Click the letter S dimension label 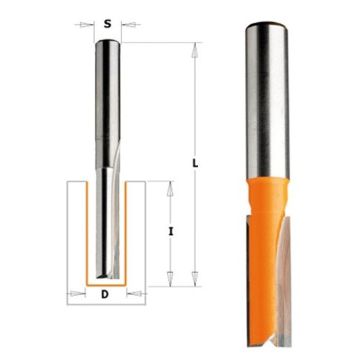tap(107, 24)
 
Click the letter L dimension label tap(196, 163)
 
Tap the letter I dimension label tap(171, 232)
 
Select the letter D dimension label tap(105, 294)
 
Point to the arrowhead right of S tap(129, 24)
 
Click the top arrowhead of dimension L tap(195, 50)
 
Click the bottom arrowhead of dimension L tap(195, 279)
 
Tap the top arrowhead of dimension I tap(170, 189)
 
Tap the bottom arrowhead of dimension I tap(170, 279)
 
